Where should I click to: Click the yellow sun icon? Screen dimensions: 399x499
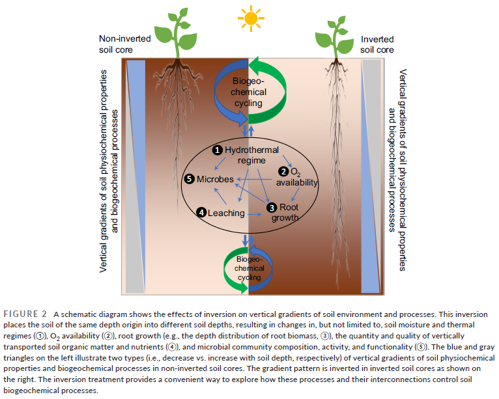(249, 17)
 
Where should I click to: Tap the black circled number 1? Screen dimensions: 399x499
(218, 150)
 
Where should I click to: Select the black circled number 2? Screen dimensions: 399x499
(283, 172)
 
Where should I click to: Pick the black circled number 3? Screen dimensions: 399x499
(270, 208)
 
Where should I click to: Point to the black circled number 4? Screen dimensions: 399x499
(202, 212)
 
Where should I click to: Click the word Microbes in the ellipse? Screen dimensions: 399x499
(215, 179)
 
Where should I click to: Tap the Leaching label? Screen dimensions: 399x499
(227, 213)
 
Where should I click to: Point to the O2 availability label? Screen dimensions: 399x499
(299, 178)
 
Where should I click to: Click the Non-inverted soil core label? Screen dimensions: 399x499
(124, 44)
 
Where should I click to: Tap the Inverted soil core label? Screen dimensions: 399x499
(377, 44)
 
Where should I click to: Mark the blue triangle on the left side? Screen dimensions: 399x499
(135, 130)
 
